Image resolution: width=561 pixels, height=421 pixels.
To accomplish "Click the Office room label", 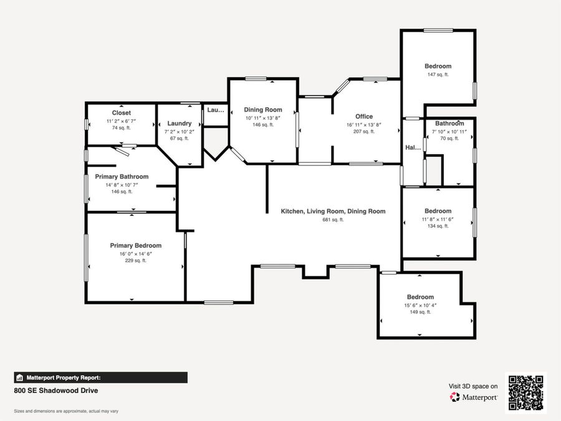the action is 364,117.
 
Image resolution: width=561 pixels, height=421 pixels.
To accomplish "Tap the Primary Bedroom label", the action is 136,246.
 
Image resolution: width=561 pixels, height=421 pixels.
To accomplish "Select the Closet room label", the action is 122,113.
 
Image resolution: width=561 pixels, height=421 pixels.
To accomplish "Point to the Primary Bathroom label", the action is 122,177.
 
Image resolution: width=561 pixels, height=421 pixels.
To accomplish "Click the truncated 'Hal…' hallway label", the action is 413,147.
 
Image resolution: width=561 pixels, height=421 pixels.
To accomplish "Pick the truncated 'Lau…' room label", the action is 216,110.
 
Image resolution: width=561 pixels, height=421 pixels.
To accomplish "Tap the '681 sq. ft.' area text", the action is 333,220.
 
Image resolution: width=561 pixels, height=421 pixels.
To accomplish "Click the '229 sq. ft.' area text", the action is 136,261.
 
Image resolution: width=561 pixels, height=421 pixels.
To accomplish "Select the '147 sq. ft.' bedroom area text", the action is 438,75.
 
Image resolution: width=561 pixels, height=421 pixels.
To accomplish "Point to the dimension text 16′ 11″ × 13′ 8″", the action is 364,125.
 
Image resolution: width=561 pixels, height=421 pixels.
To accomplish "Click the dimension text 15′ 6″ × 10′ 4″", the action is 420,306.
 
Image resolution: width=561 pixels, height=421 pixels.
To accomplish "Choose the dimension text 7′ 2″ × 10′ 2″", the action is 180,132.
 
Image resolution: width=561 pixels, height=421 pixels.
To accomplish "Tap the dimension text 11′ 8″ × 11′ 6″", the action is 438,220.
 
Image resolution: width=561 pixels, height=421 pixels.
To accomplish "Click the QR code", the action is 526,393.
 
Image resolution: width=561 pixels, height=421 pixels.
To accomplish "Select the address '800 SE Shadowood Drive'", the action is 56,390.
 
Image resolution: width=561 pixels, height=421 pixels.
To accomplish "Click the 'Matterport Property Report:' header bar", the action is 100,378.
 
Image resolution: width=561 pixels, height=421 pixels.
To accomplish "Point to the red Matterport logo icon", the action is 455,397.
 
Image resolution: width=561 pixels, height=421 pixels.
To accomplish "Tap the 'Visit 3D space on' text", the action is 473,386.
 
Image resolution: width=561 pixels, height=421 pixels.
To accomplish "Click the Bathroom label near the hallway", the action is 449,123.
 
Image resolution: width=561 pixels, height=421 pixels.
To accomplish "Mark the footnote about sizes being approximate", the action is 66,412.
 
